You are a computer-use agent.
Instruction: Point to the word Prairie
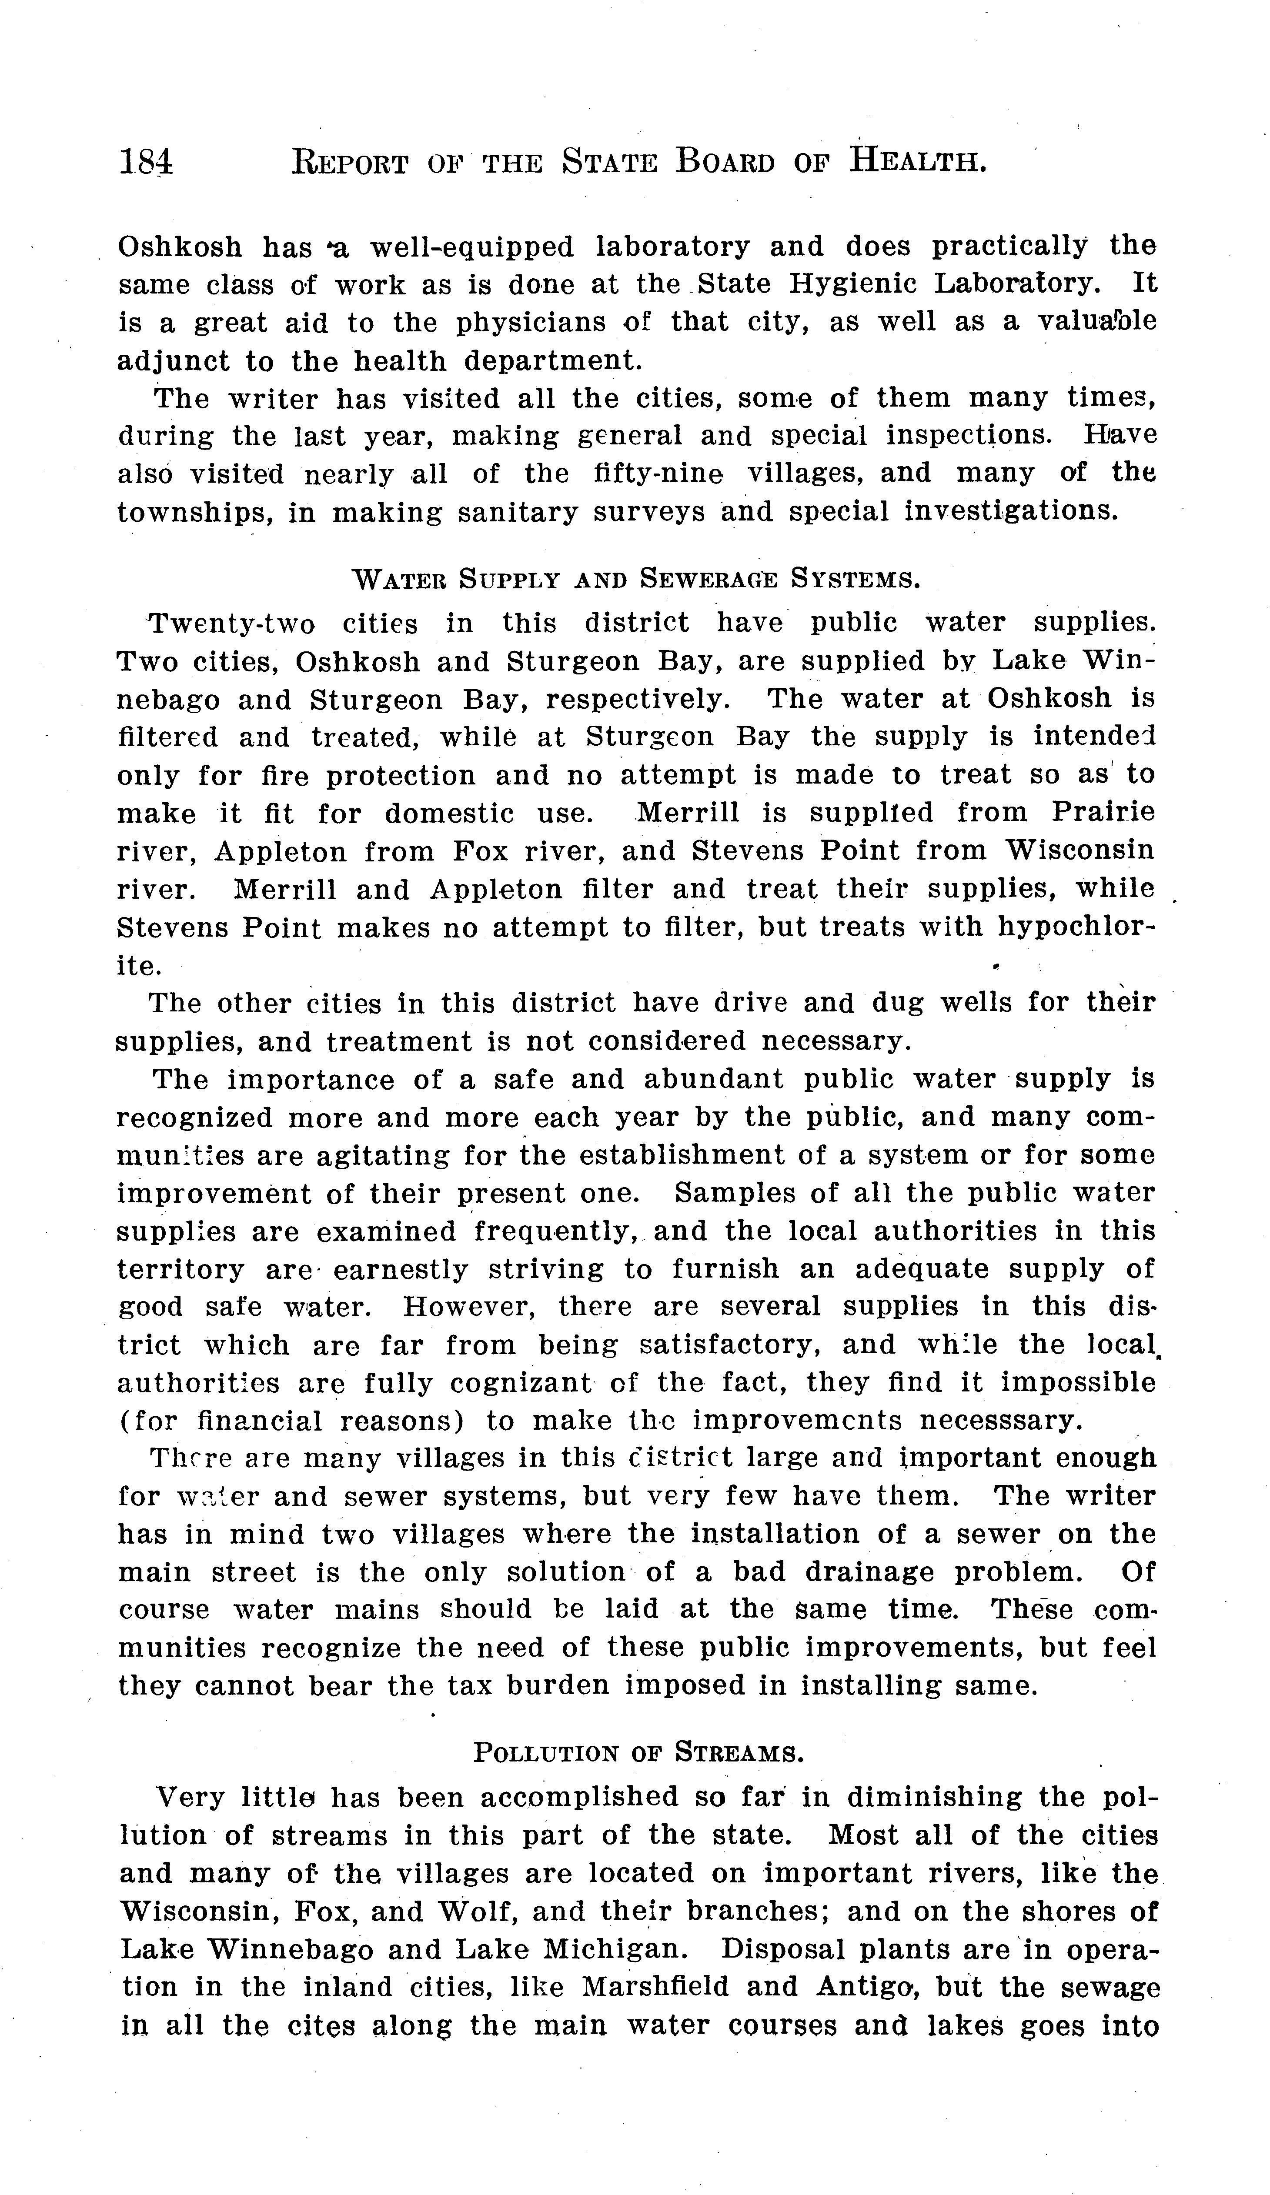(1103, 813)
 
